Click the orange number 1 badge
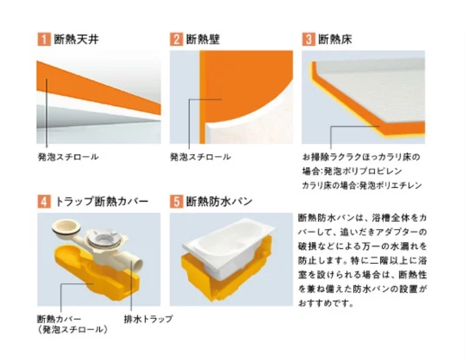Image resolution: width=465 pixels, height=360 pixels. (x=44, y=39)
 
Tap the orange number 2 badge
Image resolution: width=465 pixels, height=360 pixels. (x=176, y=39)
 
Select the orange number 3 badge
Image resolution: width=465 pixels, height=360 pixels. (x=308, y=39)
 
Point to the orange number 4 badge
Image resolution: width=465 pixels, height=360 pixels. (x=44, y=202)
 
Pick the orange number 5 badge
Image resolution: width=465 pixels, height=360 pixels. (x=176, y=202)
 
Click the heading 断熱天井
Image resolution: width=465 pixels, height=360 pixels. (x=76, y=39)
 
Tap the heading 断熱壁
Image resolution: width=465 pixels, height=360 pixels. (x=203, y=39)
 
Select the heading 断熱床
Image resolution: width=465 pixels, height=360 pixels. (x=335, y=39)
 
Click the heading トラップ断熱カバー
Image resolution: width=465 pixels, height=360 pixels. (x=101, y=202)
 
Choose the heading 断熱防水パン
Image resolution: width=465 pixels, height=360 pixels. (x=219, y=202)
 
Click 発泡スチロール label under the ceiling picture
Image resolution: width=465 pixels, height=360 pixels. (x=68, y=157)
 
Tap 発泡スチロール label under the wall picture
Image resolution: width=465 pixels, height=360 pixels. (x=200, y=157)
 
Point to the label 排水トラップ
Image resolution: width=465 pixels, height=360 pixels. (x=149, y=319)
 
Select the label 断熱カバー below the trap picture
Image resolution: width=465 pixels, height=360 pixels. (x=59, y=319)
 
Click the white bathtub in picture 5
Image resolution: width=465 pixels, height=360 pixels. (x=228, y=243)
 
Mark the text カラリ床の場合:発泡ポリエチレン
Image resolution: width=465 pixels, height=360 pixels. (x=362, y=186)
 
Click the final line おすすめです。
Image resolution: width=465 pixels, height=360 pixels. (x=326, y=303)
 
